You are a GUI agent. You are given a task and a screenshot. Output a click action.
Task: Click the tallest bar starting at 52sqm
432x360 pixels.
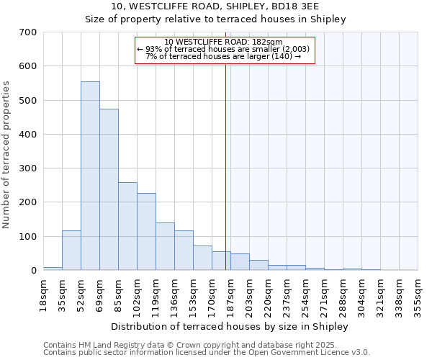point(90,176)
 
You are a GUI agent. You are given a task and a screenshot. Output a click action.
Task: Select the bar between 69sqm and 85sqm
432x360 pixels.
point(109,190)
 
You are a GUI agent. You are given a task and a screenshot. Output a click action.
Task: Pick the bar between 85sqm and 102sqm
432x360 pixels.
point(127,227)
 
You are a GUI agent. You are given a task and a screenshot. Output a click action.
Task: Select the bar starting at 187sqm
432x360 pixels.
point(240,262)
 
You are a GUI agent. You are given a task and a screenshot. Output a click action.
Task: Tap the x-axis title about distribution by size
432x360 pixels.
point(230,326)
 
